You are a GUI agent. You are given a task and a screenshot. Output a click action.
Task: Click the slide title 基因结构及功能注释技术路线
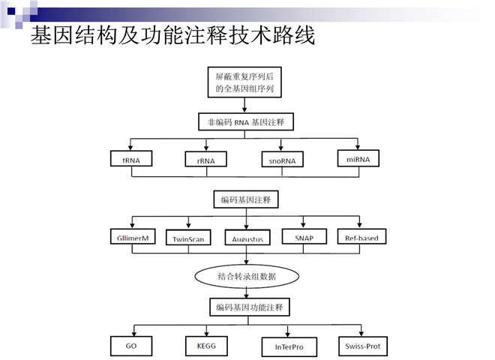pyautogui.click(x=172, y=35)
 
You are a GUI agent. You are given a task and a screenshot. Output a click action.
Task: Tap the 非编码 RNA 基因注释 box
pyautogui.click(x=245, y=121)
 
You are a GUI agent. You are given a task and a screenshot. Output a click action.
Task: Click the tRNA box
pyautogui.click(x=131, y=159)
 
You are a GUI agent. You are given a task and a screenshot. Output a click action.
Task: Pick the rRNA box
pyautogui.click(x=205, y=160)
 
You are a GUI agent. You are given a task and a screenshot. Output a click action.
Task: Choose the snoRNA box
pyautogui.click(x=282, y=160)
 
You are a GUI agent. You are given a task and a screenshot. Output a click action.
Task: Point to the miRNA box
pyautogui.click(x=358, y=158)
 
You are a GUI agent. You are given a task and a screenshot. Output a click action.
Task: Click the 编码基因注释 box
pyautogui.click(x=245, y=199)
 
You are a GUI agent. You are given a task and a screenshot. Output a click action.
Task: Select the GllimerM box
pyautogui.click(x=133, y=238)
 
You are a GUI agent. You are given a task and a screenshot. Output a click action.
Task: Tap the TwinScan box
pyautogui.click(x=189, y=238)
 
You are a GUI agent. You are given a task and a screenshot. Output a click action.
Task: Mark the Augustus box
pyautogui.click(x=246, y=238)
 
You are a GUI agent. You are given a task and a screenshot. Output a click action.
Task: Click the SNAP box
pyautogui.click(x=304, y=237)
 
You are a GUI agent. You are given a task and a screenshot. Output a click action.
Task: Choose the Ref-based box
pyautogui.click(x=361, y=238)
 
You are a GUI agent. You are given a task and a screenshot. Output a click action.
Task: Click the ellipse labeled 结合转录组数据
pyautogui.click(x=245, y=276)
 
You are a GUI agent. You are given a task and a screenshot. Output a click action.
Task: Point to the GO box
pyautogui.click(x=131, y=346)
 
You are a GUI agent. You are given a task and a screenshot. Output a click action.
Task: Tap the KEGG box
pyautogui.click(x=205, y=346)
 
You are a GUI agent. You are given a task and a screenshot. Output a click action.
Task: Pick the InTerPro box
pyautogui.click(x=289, y=346)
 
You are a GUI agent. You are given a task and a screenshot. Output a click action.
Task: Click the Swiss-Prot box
pyautogui.click(x=361, y=346)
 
